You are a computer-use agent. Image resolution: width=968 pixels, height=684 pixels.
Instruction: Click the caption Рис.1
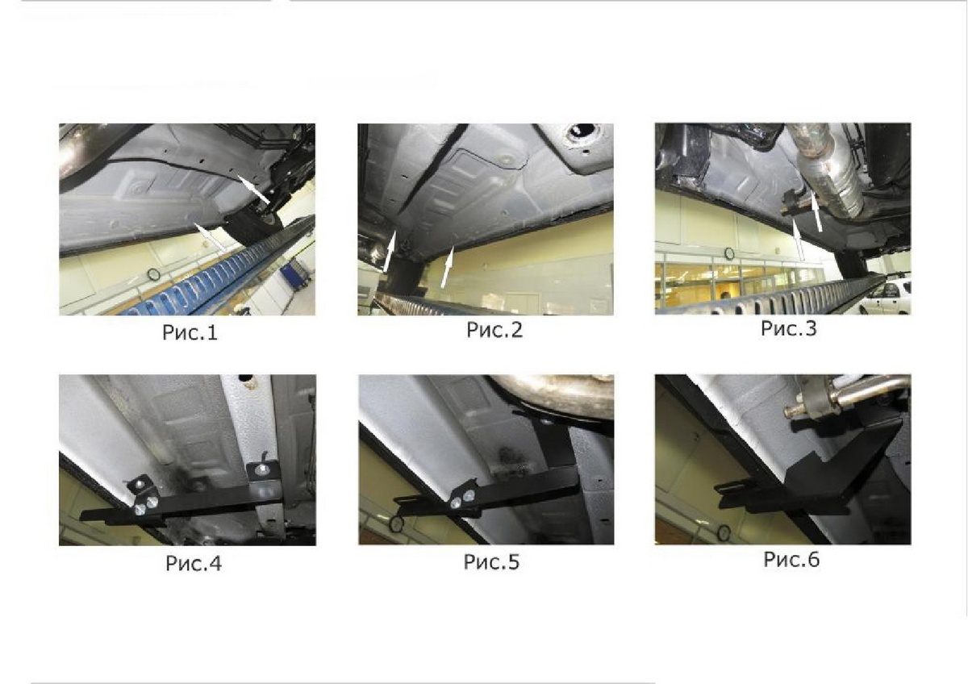[x=190, y=332]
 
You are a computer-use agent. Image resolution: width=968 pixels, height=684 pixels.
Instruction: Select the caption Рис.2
[x=494, y=330]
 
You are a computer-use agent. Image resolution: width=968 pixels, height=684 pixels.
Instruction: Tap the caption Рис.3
[x=789, y=328]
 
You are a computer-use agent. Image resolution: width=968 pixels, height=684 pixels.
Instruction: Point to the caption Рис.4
[x=193, y=564]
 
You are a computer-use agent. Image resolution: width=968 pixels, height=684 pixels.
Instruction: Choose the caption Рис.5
[x=491, y=561]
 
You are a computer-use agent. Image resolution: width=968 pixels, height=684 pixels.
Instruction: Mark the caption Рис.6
[x=791, y=559]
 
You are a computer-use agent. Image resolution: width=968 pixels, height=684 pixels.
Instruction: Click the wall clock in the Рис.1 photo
[x=153, y=274]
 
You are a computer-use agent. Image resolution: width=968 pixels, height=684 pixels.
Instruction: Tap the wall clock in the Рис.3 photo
[x=729, y=253]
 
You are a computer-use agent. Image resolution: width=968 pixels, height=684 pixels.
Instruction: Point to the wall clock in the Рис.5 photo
[x=396, y=524]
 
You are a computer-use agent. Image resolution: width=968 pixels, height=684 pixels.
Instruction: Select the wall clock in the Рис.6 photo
[x=724, y=533]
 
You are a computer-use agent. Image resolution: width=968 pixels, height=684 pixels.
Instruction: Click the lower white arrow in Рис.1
[x=210, y=238]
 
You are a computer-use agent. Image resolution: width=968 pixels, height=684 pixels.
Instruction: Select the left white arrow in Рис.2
[x=390, y=252]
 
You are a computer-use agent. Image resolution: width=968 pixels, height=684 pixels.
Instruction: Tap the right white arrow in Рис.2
[x=447, y=267]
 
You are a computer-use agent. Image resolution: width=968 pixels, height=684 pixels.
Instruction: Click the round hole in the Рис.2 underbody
[x=582, y=130]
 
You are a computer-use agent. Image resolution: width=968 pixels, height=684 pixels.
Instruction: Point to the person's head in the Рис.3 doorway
[x=724, y=295]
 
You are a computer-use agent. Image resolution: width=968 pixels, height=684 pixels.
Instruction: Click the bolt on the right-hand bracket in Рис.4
[x=261, y=469]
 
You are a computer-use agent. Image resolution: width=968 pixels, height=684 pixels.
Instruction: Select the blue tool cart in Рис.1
[x=294, y=276]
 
